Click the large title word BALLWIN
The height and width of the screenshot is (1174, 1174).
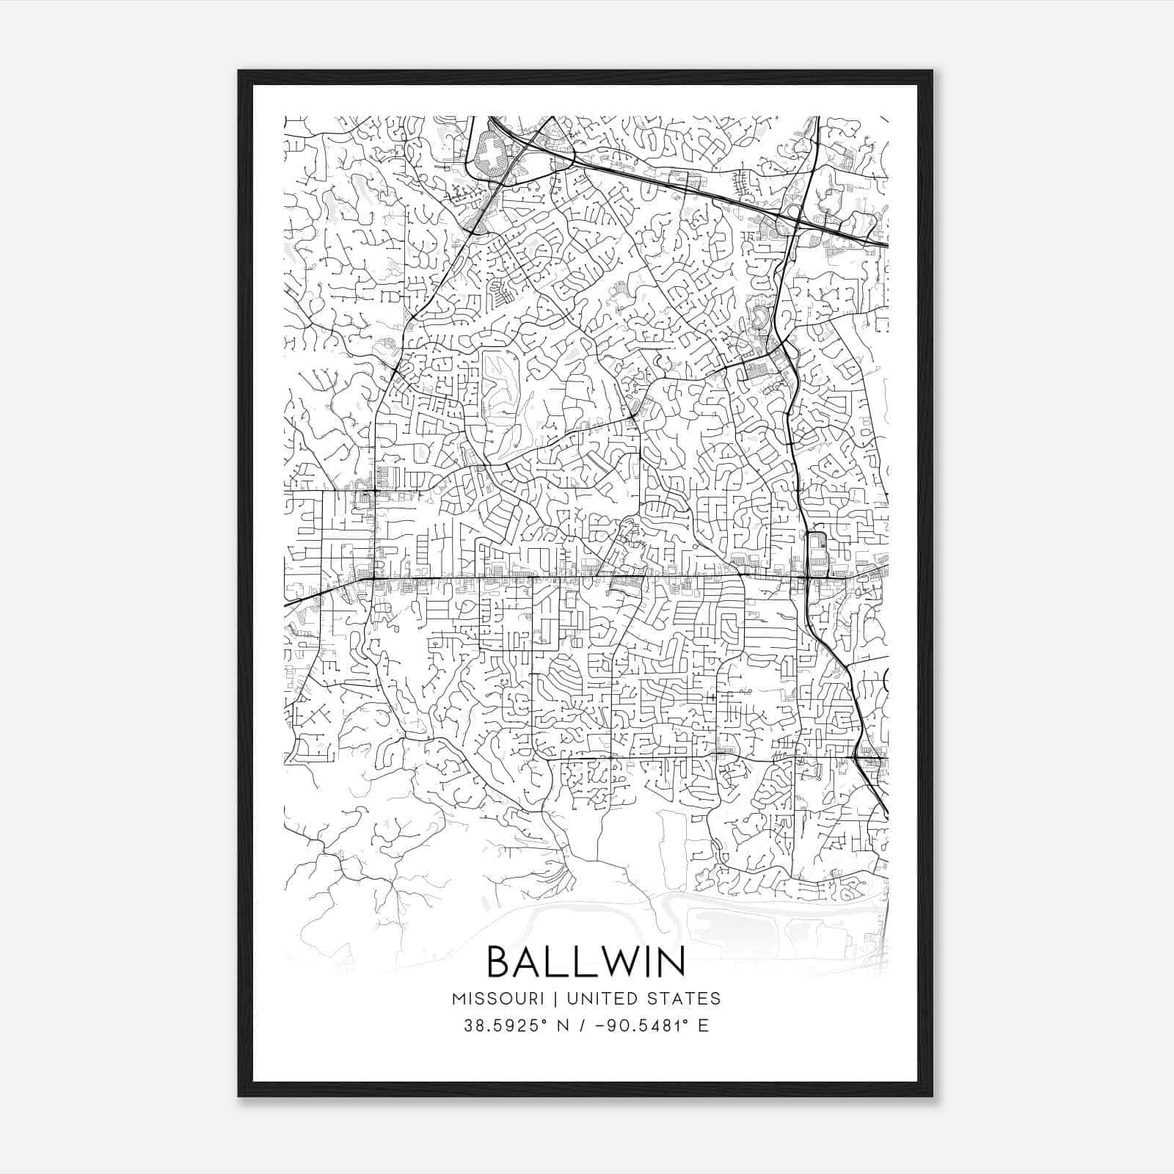pyautogui.click(x=586, y=961)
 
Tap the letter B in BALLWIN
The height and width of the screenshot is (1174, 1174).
pyautogui.click(x=500, y=961)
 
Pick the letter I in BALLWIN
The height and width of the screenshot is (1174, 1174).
pyautogui.click(x=649, y=961)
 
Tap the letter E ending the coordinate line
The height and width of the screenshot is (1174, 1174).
pyautogui.click(x=704, y=1026)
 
